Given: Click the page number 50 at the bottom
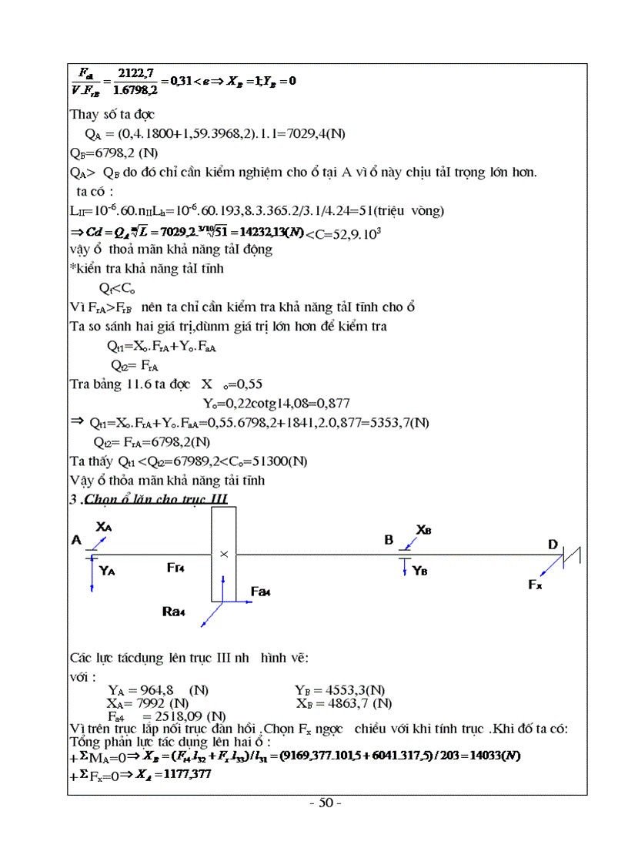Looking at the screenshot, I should click(x=325, y=803).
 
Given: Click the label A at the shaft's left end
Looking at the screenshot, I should click(x=76, y=541).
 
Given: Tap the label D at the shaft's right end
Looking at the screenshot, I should click(x=553, y=545).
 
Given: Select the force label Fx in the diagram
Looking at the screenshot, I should click(x=535, y=585).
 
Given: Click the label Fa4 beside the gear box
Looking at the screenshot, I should click(x=261, y=591).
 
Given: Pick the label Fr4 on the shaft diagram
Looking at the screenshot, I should click(x=175, y=568).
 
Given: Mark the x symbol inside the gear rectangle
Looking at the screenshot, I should click(x=224, y=554).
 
